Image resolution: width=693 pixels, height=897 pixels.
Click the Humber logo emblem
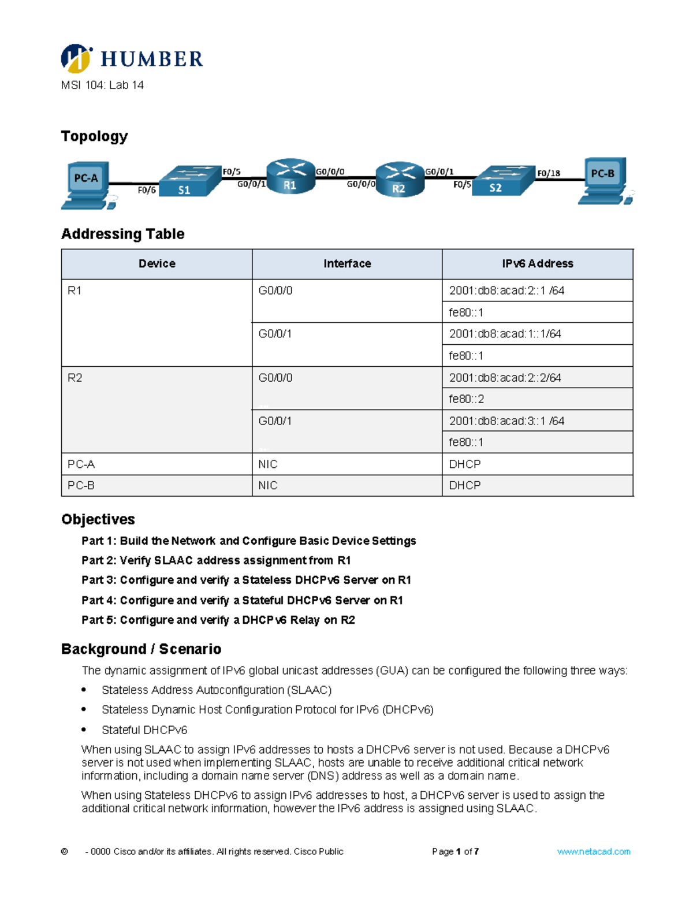tap(76, 58)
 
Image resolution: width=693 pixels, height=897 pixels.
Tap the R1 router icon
tap(290, 176)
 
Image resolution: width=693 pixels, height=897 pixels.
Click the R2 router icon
tap(400, 180)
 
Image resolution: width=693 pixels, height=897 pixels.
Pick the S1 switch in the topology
tap(189, 181)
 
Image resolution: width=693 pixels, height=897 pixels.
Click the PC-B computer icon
tap(604, 181)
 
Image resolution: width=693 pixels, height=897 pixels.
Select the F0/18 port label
tap(548, 173)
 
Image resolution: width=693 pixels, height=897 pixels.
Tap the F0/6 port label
tap(147, 190)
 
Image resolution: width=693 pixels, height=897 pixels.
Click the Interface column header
tap(347, 264)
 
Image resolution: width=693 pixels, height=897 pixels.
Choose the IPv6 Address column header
tap(537, 264)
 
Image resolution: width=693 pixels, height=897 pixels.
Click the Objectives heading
tap(98, 519)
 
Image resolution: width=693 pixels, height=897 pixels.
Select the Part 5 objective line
tap(218, 620)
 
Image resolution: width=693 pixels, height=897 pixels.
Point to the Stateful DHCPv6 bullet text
tap(144, 730)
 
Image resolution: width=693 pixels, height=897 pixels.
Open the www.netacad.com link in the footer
tap(594, 852)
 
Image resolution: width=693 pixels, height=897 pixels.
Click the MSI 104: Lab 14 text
tap(102, 85)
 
